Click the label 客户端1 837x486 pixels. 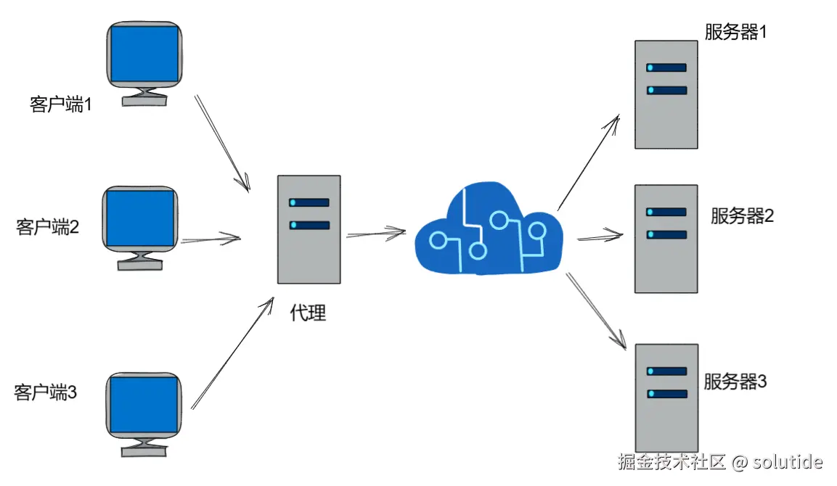tap(61, 104)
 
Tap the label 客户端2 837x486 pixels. tap(47, 227)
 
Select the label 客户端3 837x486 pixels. tap(46, 392)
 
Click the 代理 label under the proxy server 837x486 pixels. tap(308, 313)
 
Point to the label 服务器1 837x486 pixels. tap(735, 32)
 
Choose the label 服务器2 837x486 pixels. tap(742, 216)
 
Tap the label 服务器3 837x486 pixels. tap(735, 382)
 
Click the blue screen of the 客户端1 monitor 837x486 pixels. tap(144, 54)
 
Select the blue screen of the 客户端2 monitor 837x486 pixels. tap(140, 218)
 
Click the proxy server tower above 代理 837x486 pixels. tap(309, 229)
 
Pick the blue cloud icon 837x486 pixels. tap(489, 229)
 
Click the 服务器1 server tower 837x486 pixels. tap(666, 94)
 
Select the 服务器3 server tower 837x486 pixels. tap(666, 398)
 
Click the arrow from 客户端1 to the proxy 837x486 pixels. tap(222, 144)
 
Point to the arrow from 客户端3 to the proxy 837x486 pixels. tap(233, 353)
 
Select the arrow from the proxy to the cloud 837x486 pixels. tap(376, 234)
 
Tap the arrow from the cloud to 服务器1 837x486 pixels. tap(589, 162)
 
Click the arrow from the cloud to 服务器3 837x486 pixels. tap(596, 312)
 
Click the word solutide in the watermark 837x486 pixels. tap(788, 461)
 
